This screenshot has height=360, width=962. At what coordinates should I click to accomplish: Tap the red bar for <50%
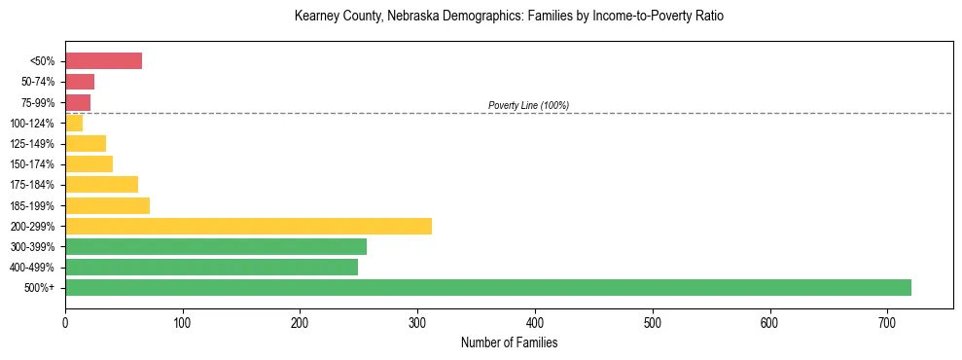click(x=103, y=61)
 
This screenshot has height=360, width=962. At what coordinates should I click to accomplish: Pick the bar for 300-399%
click(x=216, y=246)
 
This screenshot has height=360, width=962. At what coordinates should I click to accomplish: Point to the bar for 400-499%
click(x=211, y=267)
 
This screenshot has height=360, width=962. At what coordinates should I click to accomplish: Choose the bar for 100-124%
click(x=74, y=123)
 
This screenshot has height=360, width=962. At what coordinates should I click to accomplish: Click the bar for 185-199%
click(x=107, y=205)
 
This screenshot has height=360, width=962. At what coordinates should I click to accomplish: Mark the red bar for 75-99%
click(x=78, y=102)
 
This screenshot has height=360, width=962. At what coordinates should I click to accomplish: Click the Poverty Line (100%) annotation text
click(x=528, y=105)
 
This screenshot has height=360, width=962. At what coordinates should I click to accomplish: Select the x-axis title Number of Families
click(x=509, y=342)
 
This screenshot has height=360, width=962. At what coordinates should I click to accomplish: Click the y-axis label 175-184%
click(x=33, y=185)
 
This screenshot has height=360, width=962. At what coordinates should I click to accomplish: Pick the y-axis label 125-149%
click(x=33, y=144)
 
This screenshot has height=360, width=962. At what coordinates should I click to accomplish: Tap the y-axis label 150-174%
click(x=33, y=164)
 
